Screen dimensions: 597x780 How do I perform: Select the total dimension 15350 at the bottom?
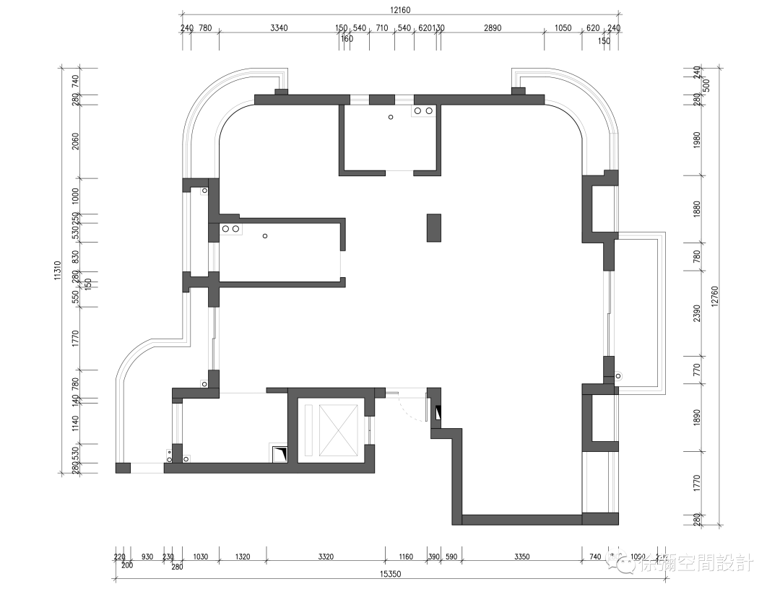pos(390,574)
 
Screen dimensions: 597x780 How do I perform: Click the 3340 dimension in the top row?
pos(279,28)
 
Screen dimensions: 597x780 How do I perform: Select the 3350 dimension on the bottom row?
pos(521,557)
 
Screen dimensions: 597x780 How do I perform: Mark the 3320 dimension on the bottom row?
pos(325,557)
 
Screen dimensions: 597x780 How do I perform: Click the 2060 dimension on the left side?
pos(74,142)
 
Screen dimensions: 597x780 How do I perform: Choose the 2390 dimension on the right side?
pos(696,313)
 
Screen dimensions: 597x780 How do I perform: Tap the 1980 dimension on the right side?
pos(696,141)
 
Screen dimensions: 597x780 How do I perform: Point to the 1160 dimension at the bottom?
pos(405,557)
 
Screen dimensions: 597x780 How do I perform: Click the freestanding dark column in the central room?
pos(434,227)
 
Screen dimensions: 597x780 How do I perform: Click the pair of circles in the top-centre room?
pos(423,111)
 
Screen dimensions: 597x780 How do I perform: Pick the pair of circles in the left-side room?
pos(230,229)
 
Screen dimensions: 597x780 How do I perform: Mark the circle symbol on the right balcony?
pos(617,375)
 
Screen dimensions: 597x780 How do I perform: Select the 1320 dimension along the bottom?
pos(243,557)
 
